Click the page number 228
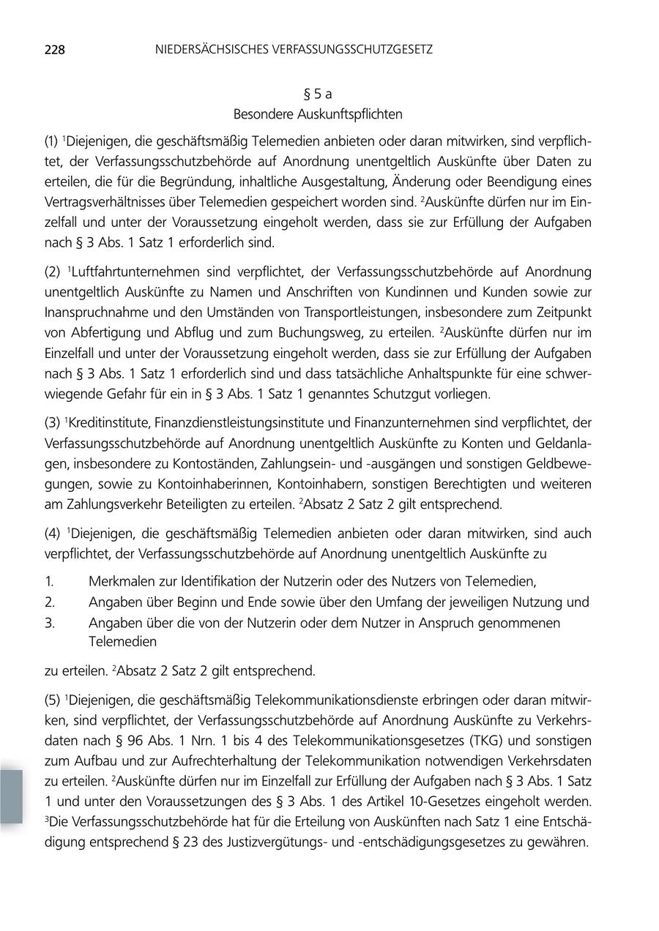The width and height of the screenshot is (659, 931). click(x=55, y=50)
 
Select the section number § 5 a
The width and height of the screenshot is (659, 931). click(x=318, y=94)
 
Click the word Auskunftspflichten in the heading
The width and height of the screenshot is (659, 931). click(x=351, y=114)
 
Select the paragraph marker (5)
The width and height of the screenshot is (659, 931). click(x=53, y=701)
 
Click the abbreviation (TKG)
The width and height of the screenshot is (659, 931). click(x=481, y=741)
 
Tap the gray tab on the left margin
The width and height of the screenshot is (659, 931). click(x=11, y=796)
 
